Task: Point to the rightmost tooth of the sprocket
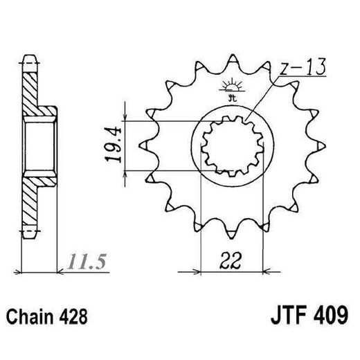point(321,146)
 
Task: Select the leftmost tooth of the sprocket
point(144,146)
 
